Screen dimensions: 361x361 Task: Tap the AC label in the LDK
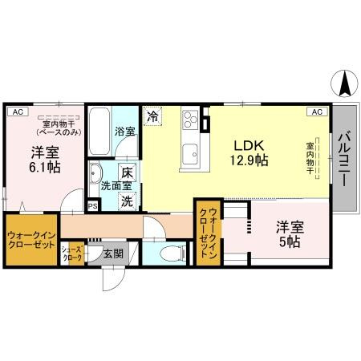tap(316, 112)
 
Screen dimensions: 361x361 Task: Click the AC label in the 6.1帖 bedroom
tap(17, 112)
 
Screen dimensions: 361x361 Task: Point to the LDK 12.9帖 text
tap(250, 152)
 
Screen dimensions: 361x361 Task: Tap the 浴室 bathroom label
tap(124, 130)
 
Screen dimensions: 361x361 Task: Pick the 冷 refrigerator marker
tap(152, 116)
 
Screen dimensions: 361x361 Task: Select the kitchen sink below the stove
tap(191, 152)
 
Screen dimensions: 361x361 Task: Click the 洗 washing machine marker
tap(127, 201)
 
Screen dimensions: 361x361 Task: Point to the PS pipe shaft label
tap(93, 206)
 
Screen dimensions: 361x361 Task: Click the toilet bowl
tap(168, 254)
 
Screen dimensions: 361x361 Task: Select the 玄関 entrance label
tap(112, 254)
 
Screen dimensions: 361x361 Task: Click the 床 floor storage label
tap(126, 172)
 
